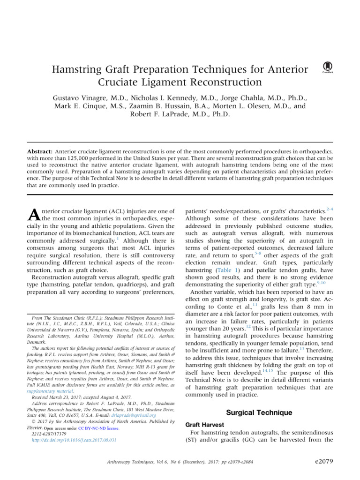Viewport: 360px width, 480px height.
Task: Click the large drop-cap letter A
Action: coord(34,215)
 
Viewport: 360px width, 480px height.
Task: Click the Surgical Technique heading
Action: coord(259,412)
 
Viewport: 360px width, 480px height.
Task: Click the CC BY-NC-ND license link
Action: coord(98,428)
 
